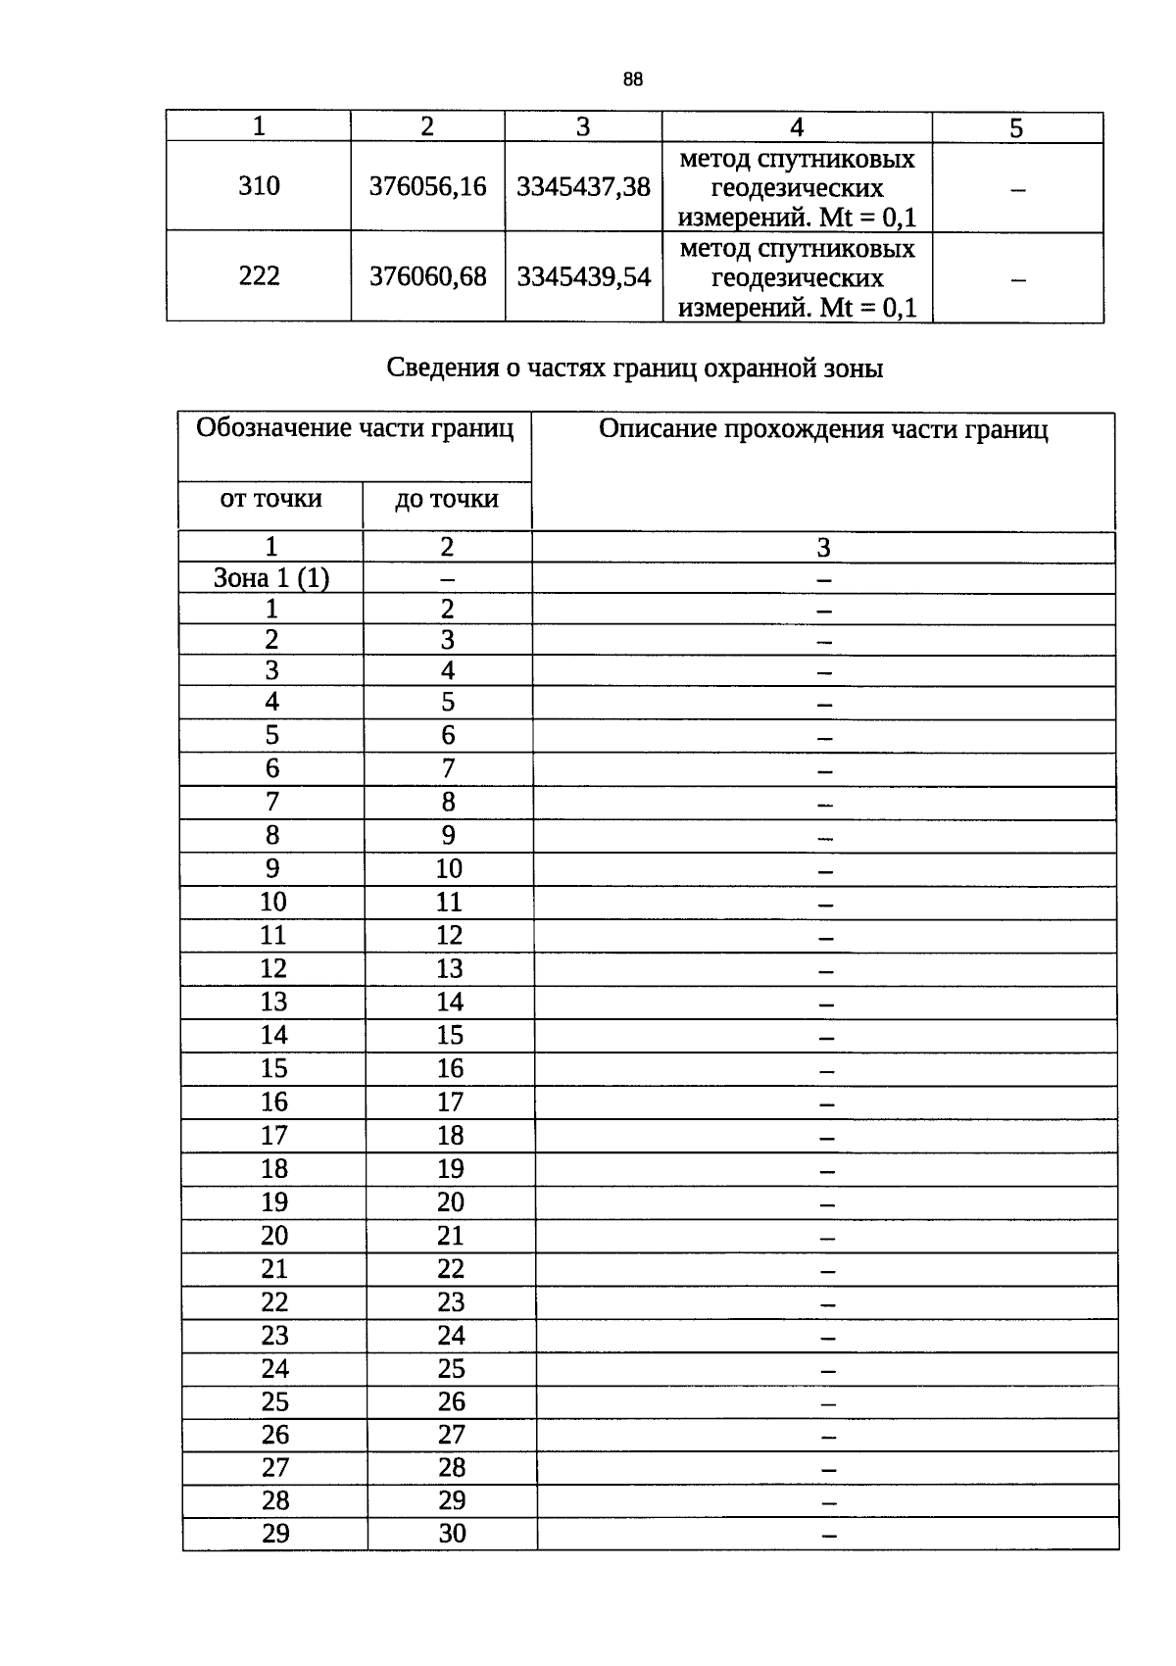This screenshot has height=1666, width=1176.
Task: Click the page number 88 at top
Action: (x=632, y=80)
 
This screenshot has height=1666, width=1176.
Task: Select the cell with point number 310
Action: (x=259, y=186)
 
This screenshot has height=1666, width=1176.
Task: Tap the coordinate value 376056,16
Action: (x=427, y=186)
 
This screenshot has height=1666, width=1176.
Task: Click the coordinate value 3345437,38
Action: (x=583, y=186)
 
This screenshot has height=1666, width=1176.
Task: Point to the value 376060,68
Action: (x=427, y=277)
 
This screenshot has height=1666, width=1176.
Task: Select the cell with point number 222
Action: (x=259, y=276)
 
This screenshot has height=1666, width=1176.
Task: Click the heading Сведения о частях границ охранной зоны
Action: (x=635, y=368)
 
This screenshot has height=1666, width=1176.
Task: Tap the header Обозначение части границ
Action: (x=355, y=428)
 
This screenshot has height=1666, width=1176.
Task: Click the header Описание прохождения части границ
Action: (x=823, y=430)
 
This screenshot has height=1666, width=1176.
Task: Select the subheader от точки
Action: (x=270, y=499)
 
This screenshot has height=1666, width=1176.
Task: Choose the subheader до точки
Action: (x=447, y=499)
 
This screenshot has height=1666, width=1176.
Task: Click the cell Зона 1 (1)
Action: (x=271, y=578)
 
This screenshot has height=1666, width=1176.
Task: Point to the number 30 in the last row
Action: (x=452, y=1534)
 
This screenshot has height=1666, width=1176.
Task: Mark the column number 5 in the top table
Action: (x=1016, y=128)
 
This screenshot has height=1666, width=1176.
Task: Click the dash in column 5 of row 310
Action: (x=1017, y=189)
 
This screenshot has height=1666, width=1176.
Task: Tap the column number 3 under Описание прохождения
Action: (x=823, y=548)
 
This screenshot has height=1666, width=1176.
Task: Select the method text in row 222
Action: (x=797, y=278)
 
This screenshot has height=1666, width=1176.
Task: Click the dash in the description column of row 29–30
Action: (x=829, y=1536)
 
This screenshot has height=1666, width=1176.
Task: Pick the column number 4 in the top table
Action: (x=797, y=127)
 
